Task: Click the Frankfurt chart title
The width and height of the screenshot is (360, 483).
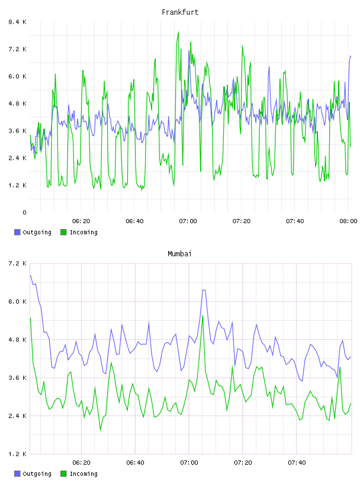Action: (x=180, y=12)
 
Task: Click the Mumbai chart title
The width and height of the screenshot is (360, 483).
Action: (x=179, y=253)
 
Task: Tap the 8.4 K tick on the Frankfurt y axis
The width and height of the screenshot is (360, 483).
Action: (x=17, y=22)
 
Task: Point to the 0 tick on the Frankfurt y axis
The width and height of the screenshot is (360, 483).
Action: (x=24, y=212)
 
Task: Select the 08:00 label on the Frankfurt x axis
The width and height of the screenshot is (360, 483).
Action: (x=348, y=221)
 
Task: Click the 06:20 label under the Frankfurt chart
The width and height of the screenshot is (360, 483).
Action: (x=81, y=221)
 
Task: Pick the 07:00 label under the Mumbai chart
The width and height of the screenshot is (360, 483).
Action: (x=189, y=462)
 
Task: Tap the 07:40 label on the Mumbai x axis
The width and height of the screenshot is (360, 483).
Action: (x=297, y=462)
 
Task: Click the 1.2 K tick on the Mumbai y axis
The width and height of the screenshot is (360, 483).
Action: (x=17, y=454)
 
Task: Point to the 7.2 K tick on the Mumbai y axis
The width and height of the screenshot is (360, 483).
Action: (x=17, y=263)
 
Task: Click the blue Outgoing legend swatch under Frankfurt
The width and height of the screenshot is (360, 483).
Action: (x=17, y=232)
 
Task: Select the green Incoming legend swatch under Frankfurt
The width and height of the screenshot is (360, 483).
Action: (x=63, y=232)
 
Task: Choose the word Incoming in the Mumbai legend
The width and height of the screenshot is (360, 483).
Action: (x=83, y=474)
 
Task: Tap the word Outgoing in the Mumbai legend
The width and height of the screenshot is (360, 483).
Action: (x=37, y=474)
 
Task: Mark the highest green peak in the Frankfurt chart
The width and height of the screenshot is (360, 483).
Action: (x=178, y=32)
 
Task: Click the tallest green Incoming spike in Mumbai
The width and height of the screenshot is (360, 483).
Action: (x=202, y=316)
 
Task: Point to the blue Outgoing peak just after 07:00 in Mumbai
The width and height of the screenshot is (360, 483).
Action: (x=204, y=290)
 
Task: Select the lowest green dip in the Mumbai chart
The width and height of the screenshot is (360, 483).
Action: (x=100, y=430)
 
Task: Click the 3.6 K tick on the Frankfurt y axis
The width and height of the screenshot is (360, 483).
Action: (x=17, y=131)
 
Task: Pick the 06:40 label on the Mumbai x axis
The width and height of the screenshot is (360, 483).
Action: (x=135, y=462)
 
